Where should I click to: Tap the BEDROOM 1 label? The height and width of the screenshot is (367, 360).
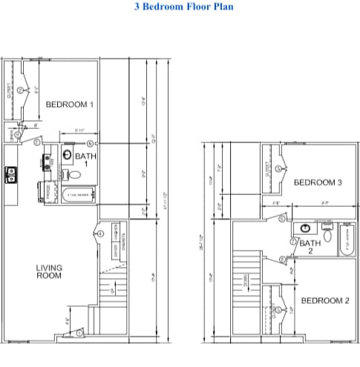70,105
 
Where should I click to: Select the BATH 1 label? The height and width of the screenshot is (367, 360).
85,160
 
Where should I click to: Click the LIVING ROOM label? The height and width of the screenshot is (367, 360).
49,271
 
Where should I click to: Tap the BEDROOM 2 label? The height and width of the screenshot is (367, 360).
324,300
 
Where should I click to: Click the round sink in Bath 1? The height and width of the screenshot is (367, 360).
66,156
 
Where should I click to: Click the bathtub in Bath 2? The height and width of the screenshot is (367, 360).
347,238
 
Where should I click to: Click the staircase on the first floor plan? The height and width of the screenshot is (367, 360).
108,297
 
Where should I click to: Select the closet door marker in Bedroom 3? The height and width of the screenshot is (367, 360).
278,169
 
